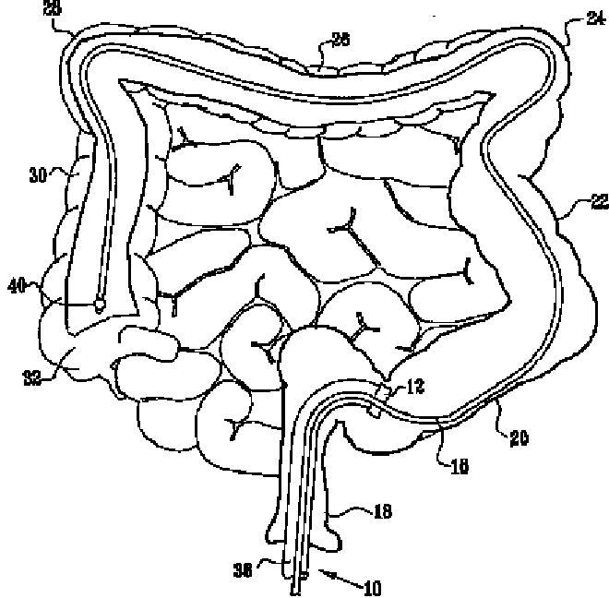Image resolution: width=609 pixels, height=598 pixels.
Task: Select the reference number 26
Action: [340, 39]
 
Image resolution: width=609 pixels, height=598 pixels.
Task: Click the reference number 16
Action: [459, 466]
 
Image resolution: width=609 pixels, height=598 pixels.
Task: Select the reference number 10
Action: [374, 585]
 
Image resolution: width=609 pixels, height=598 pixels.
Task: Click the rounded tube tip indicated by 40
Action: [98, 301]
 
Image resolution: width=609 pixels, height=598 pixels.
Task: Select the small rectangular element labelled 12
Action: [373, 407]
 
